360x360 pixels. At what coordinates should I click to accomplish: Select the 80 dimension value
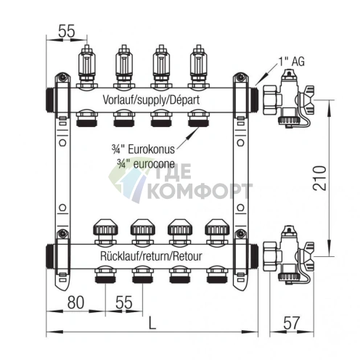(75, 301)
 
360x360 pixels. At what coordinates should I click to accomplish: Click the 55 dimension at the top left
(67, 31)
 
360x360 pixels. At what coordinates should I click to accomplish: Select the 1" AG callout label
(290, 63)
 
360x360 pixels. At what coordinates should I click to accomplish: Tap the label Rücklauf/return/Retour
(151, 257)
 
